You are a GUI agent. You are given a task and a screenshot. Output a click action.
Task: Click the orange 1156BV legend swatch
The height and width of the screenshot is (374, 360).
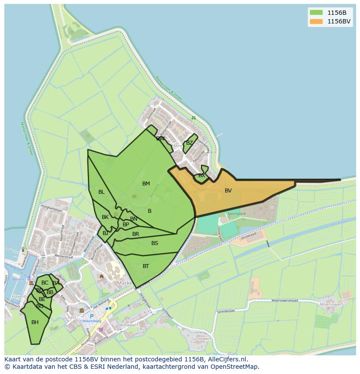tap(316, 21)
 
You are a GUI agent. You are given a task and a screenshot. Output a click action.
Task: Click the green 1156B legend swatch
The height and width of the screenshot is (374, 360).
tap(316, 12)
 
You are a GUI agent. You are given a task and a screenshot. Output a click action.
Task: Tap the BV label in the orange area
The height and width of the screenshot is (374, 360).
tap(228, 191)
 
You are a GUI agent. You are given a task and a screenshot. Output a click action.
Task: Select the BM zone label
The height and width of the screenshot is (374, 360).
tap(146, 184)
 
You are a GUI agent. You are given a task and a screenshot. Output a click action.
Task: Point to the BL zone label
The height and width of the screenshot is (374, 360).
tap(101, 192)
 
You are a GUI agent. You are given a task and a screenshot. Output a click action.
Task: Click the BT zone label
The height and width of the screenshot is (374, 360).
tap(146, 266)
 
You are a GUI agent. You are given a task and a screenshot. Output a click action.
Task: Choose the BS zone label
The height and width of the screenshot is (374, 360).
tap(155, 243)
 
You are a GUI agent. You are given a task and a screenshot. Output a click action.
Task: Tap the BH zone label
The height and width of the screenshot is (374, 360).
tap(35, 322)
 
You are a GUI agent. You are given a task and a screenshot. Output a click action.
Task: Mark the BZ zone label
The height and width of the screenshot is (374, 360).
tap(189, 143)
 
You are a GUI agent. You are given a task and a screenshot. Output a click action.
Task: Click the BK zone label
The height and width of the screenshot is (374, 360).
tap(105, 217)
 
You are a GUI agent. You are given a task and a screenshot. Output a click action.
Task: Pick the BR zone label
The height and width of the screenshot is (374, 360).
tap(136, 234)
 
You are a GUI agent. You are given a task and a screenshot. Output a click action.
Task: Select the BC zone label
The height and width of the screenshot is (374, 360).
tap(45, 283)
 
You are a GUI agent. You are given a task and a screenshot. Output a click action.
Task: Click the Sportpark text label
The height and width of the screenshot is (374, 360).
tap(237, 214)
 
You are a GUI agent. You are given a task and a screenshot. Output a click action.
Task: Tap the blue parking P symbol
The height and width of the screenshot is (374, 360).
tap(92, 316)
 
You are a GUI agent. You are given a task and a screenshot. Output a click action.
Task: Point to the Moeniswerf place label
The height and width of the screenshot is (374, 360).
tap(331, 305)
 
